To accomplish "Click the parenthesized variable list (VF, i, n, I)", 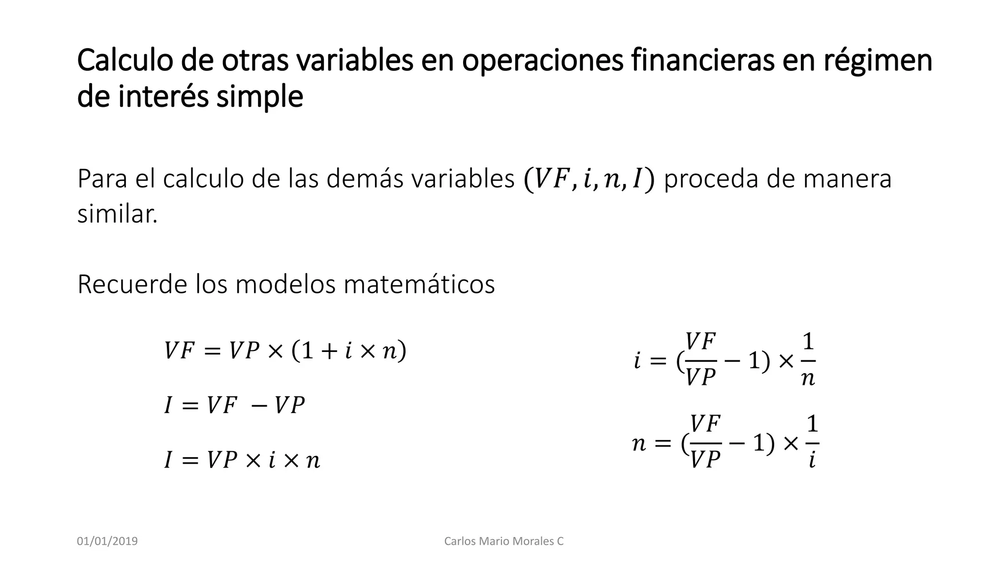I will pos(589,180).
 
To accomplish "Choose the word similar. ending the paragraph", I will pos(117,214).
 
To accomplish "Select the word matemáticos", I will pos(419,284).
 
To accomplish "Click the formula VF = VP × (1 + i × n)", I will pos(285,351).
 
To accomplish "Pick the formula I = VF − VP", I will pos(234,406).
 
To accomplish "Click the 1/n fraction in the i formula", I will pos(808,360).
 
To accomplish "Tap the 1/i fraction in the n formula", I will pos(812,442).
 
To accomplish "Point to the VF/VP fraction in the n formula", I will pos(705,442).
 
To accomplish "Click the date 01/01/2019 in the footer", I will pos(107,541).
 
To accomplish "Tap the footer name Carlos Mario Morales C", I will pos(504,541).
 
